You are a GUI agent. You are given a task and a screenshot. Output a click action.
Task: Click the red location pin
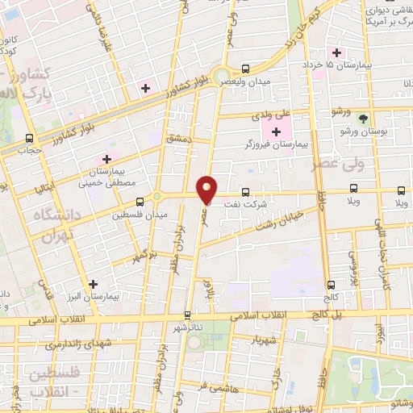(207, 190)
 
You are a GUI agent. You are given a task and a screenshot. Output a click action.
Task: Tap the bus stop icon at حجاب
(30, 138)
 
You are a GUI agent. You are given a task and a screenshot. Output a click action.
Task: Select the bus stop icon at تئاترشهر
(188, 315)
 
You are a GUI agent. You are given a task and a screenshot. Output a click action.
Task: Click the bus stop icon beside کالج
(332, 285)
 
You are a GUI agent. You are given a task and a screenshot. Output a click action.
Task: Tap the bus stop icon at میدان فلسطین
(140, 201)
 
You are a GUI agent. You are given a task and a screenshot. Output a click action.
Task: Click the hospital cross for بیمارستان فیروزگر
(277, 131)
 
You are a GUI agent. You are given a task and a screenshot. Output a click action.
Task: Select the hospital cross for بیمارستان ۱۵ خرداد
(336, 52)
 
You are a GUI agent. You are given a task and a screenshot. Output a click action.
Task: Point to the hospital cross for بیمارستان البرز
(94, 285)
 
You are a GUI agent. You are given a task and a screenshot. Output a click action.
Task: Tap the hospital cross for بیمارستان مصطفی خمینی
(106, 159)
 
